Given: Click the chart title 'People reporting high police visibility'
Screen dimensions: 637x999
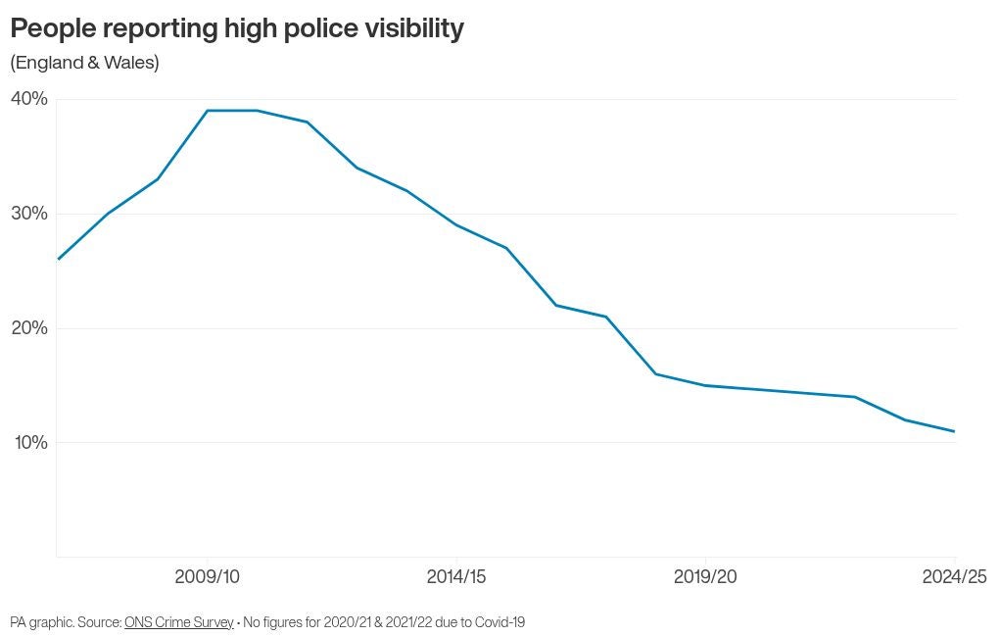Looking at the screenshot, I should (236, 29).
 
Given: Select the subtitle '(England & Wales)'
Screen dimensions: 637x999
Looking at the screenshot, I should (84, 63).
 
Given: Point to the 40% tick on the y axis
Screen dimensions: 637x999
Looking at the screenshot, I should (28, 99).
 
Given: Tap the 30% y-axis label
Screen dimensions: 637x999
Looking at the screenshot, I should (28, 214).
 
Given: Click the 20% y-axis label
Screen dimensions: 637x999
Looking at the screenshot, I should (28, 328).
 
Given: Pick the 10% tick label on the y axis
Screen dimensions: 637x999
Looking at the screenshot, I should (28, 443).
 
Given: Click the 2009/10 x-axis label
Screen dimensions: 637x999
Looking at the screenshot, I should (207, 577).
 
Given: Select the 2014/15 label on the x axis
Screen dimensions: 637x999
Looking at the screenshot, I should (457, 577).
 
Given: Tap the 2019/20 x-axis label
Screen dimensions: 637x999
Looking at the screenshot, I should (705, 577).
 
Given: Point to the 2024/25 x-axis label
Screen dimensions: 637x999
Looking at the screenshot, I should (954, 577).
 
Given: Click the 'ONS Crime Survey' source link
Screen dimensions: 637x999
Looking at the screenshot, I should (179, 622).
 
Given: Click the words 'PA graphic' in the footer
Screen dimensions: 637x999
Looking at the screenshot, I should (41, 622).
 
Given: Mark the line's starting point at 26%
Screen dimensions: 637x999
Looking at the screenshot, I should (58, 259).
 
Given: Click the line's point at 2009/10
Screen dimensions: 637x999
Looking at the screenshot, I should (207, 111).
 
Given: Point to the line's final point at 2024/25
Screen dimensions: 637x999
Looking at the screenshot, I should (954, 431).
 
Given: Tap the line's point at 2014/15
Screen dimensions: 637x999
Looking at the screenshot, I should (456, 225).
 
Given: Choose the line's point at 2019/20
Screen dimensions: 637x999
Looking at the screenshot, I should (705, 385).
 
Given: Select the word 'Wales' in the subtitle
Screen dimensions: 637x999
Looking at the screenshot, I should (134, 63).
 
